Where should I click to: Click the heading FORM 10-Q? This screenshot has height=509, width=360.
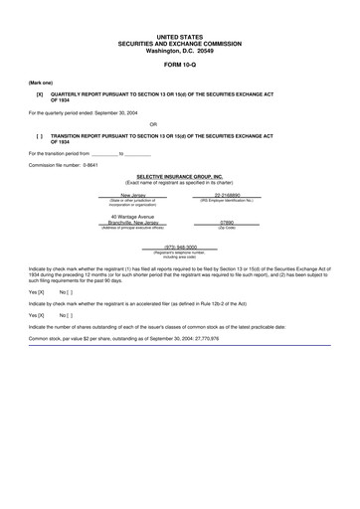[x=179, y=62]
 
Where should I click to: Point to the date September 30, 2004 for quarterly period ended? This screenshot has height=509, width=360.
[x=118, y=112]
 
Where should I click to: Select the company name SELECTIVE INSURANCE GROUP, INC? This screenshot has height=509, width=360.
[x=179, y=176]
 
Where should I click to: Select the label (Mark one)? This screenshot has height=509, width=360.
[x=41, y=82]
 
